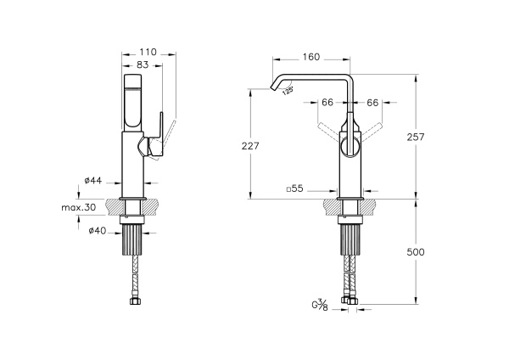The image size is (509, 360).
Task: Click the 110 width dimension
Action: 148,52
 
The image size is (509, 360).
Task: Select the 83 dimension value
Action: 143,65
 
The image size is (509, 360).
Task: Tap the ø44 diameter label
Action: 92,180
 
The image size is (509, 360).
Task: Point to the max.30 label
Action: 79,207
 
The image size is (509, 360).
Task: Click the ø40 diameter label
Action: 98,231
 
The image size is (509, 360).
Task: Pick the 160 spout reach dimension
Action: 311,57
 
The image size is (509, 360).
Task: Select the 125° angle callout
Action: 288,91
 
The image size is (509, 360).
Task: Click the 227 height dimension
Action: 250,146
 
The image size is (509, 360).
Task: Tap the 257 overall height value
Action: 416,137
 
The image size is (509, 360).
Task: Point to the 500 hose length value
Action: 416,252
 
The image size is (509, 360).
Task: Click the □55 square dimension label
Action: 294,188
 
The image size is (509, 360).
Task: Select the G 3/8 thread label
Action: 320,306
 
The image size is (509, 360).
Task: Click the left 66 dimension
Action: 327,103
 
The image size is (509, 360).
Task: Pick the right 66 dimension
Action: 372,103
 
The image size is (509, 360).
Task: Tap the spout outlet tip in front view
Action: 271,87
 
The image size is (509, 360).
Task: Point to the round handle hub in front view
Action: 350,147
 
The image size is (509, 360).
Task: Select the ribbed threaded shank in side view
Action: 132,240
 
